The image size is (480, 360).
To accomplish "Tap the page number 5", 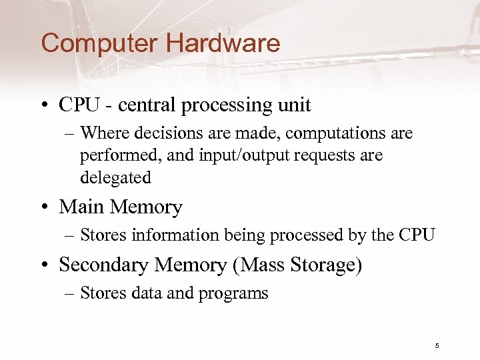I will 437,345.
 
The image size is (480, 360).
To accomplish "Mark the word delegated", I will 115,178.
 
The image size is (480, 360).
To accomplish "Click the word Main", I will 82,207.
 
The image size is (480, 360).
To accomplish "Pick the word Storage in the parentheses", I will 327,265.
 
